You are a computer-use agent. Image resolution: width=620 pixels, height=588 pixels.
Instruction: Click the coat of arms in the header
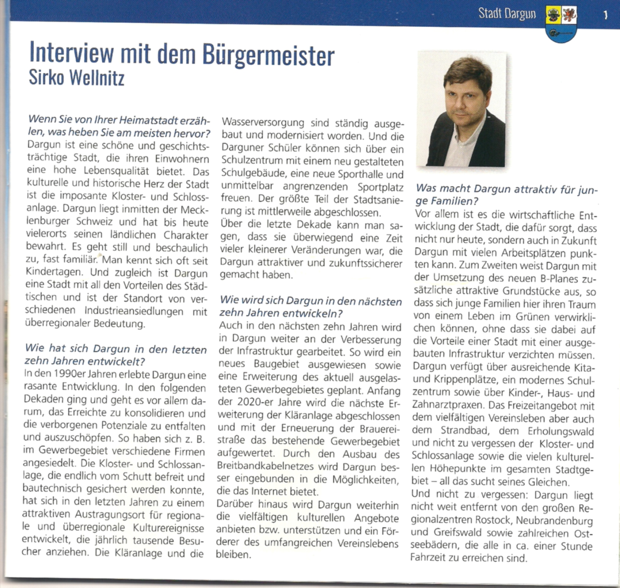[x=561, y=23]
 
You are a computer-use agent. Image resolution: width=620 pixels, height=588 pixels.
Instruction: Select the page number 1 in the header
[x=606, y=15]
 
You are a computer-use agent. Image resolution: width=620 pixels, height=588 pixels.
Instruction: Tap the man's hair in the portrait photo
[x=467, y=71]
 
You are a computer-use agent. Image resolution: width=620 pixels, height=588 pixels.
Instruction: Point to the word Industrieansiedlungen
[x=134, y=311]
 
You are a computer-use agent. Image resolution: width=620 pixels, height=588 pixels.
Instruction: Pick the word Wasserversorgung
[x=263, y=123]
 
